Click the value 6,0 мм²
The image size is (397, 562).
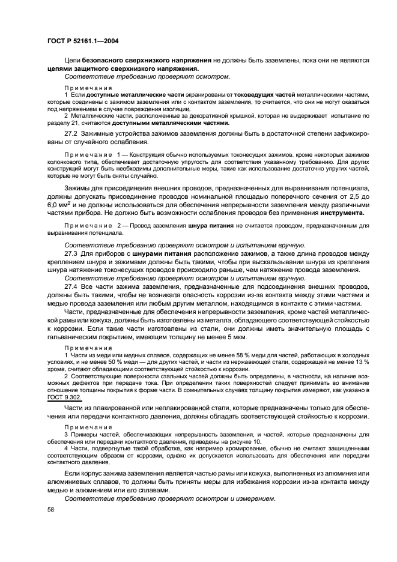59,205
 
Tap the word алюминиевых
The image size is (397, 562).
70,482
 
